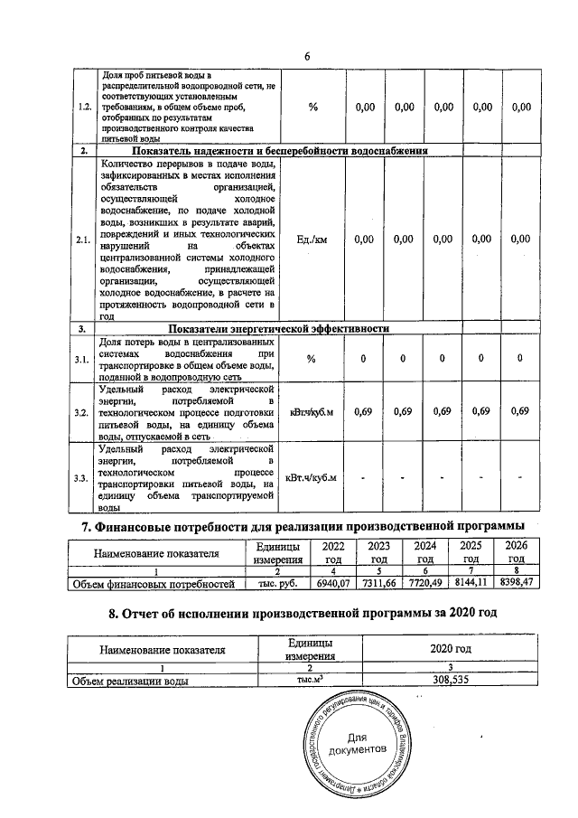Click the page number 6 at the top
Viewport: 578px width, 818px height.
coord(307,56)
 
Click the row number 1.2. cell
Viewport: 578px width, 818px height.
coord(84,108)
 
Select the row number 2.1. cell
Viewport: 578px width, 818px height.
coord(84,240)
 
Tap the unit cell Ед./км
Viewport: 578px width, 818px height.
coord(312,240)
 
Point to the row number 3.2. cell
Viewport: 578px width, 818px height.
coord(84,412)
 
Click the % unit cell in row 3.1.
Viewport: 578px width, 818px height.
coord(312,359)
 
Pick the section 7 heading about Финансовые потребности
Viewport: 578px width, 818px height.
coord(303,527)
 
